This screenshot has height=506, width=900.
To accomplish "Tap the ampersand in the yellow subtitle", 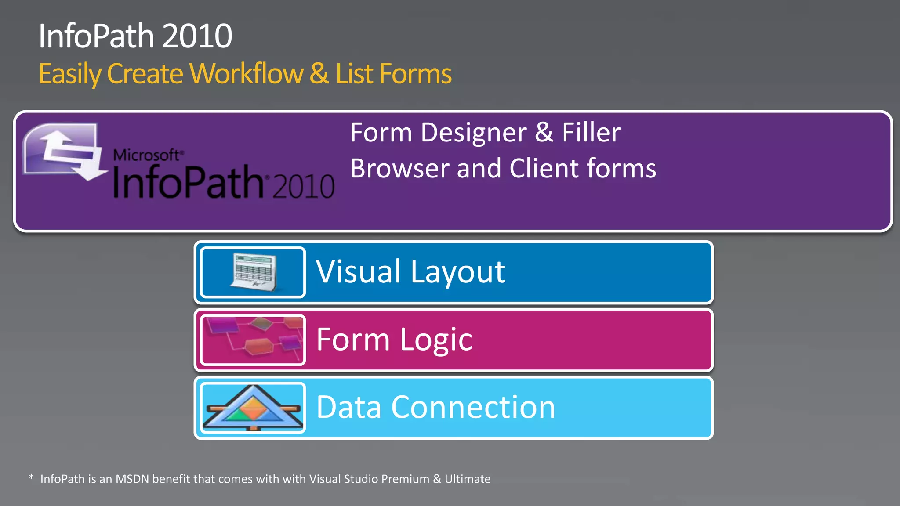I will coord(319,73).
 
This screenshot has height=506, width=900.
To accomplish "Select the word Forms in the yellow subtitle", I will coord(415,73).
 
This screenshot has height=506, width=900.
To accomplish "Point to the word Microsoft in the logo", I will coord(146,155).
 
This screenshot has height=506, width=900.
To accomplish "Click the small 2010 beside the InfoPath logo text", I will coord(303,186).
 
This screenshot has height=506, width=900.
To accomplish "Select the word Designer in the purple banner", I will coord(474,133).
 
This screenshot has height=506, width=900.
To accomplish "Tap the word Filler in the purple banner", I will coord(591,133).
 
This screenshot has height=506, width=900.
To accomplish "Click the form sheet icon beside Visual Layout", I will coord(253,272).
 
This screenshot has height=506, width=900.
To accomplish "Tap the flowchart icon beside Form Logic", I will coord(253,340).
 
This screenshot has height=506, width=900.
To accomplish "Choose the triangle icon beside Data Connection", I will coord(253,408).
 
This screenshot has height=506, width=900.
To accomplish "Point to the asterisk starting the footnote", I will coord(31,477).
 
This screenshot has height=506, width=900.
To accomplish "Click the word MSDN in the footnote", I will coord(132,479).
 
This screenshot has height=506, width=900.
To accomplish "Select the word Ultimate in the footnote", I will coord(468,479).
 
